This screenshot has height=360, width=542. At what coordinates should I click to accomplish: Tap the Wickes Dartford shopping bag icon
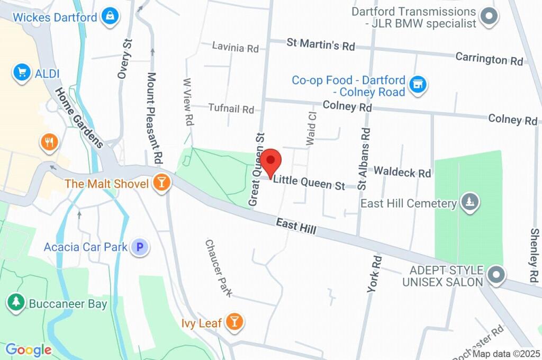[110, 16]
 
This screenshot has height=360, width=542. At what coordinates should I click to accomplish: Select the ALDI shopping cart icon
[22, 73]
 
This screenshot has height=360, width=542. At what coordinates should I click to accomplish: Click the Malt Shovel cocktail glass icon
[160, 183]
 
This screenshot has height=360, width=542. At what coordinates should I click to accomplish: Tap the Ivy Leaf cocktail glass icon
[233, 321]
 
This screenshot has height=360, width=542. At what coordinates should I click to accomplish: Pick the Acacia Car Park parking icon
[140, 246]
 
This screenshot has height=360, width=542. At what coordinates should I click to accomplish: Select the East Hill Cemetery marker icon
[469, 203]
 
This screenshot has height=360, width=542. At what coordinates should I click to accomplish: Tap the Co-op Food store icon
[418, 85]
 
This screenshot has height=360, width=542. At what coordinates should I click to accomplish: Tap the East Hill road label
[296, 228]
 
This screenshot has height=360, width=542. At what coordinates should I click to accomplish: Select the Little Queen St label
[309, 183]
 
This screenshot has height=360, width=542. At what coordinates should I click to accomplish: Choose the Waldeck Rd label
[402, 172]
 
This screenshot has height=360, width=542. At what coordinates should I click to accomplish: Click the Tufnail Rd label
[231, 109]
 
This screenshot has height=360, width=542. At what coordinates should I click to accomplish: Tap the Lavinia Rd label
[235, 48]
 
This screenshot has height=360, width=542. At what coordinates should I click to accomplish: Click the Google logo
[29, 349]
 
